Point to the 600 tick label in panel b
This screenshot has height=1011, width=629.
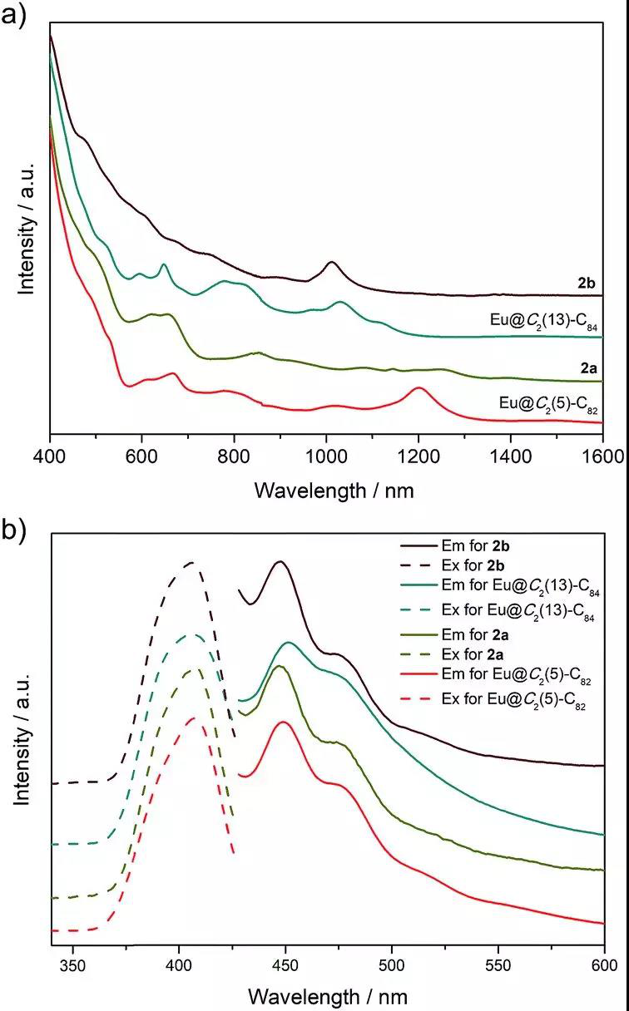point(603,967)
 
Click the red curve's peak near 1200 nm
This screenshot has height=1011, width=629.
point(419,388)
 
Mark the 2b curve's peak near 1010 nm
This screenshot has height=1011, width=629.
point(332,263)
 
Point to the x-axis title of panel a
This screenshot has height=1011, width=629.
point(334,491)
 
